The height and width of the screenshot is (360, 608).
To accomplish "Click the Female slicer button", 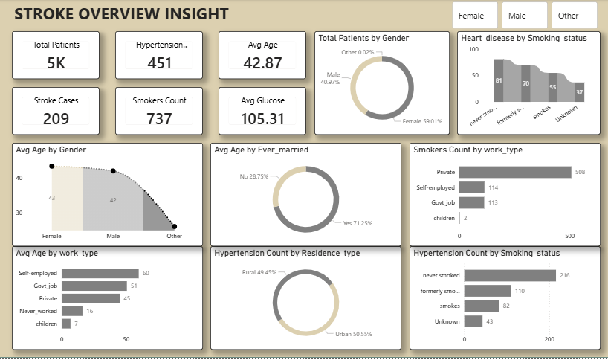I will [474, 15].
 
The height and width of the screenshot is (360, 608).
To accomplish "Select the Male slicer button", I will [524, 15].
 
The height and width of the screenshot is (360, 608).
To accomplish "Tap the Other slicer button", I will [574, 15].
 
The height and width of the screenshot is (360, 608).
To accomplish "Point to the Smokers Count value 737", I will [159, 118].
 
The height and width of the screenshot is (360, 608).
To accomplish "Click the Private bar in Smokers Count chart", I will [515, 172].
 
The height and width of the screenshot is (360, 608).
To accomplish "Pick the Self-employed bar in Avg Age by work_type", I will [100, 273].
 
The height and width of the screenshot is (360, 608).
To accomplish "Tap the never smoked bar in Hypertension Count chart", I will [510, 276].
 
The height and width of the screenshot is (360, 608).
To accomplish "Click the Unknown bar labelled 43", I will [472, 321].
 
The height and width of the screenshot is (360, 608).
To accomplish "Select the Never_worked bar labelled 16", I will [72, 311].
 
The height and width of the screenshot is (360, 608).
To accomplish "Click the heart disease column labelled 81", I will [499, 82].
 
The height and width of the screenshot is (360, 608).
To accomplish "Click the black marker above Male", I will [113, 171].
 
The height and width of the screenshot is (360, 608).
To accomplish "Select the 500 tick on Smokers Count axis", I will [570, 236].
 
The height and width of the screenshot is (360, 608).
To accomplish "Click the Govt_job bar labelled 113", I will [471, 202].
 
